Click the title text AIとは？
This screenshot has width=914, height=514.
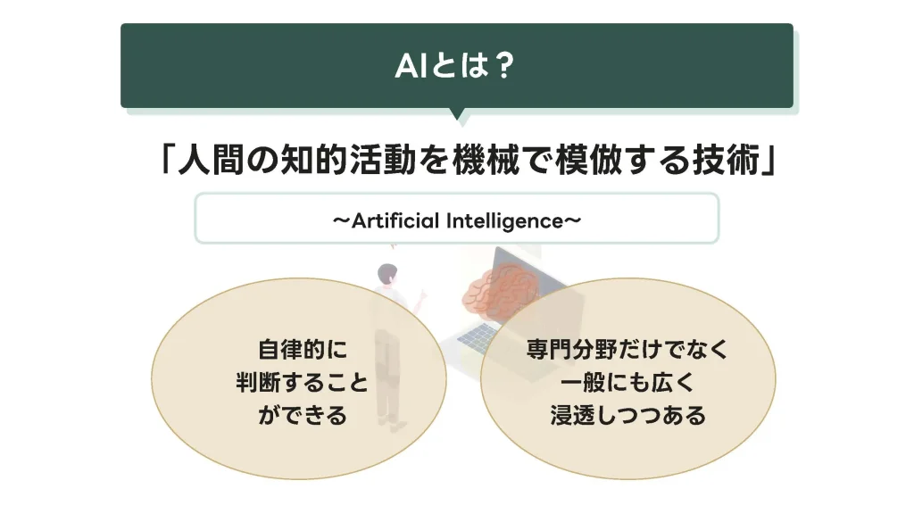tap(455, 65)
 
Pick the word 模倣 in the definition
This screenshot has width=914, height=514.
tap(589, 160)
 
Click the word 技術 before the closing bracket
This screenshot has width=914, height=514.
tap(727, 160)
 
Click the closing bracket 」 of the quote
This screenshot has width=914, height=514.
tap(770, 161)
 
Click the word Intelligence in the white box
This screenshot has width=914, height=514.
tap(505, 221)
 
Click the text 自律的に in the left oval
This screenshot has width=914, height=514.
tap(302, 350)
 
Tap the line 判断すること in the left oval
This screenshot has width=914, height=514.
tap(302, 383)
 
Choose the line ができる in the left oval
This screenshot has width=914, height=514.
tap(302, 416)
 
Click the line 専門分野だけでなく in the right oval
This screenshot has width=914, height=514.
tap(627, 350)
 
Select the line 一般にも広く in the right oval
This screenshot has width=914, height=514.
tap(627, 383)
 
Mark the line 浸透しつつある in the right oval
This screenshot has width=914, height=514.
tap(627, 416)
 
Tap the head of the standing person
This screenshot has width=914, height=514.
tap(387, 273)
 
